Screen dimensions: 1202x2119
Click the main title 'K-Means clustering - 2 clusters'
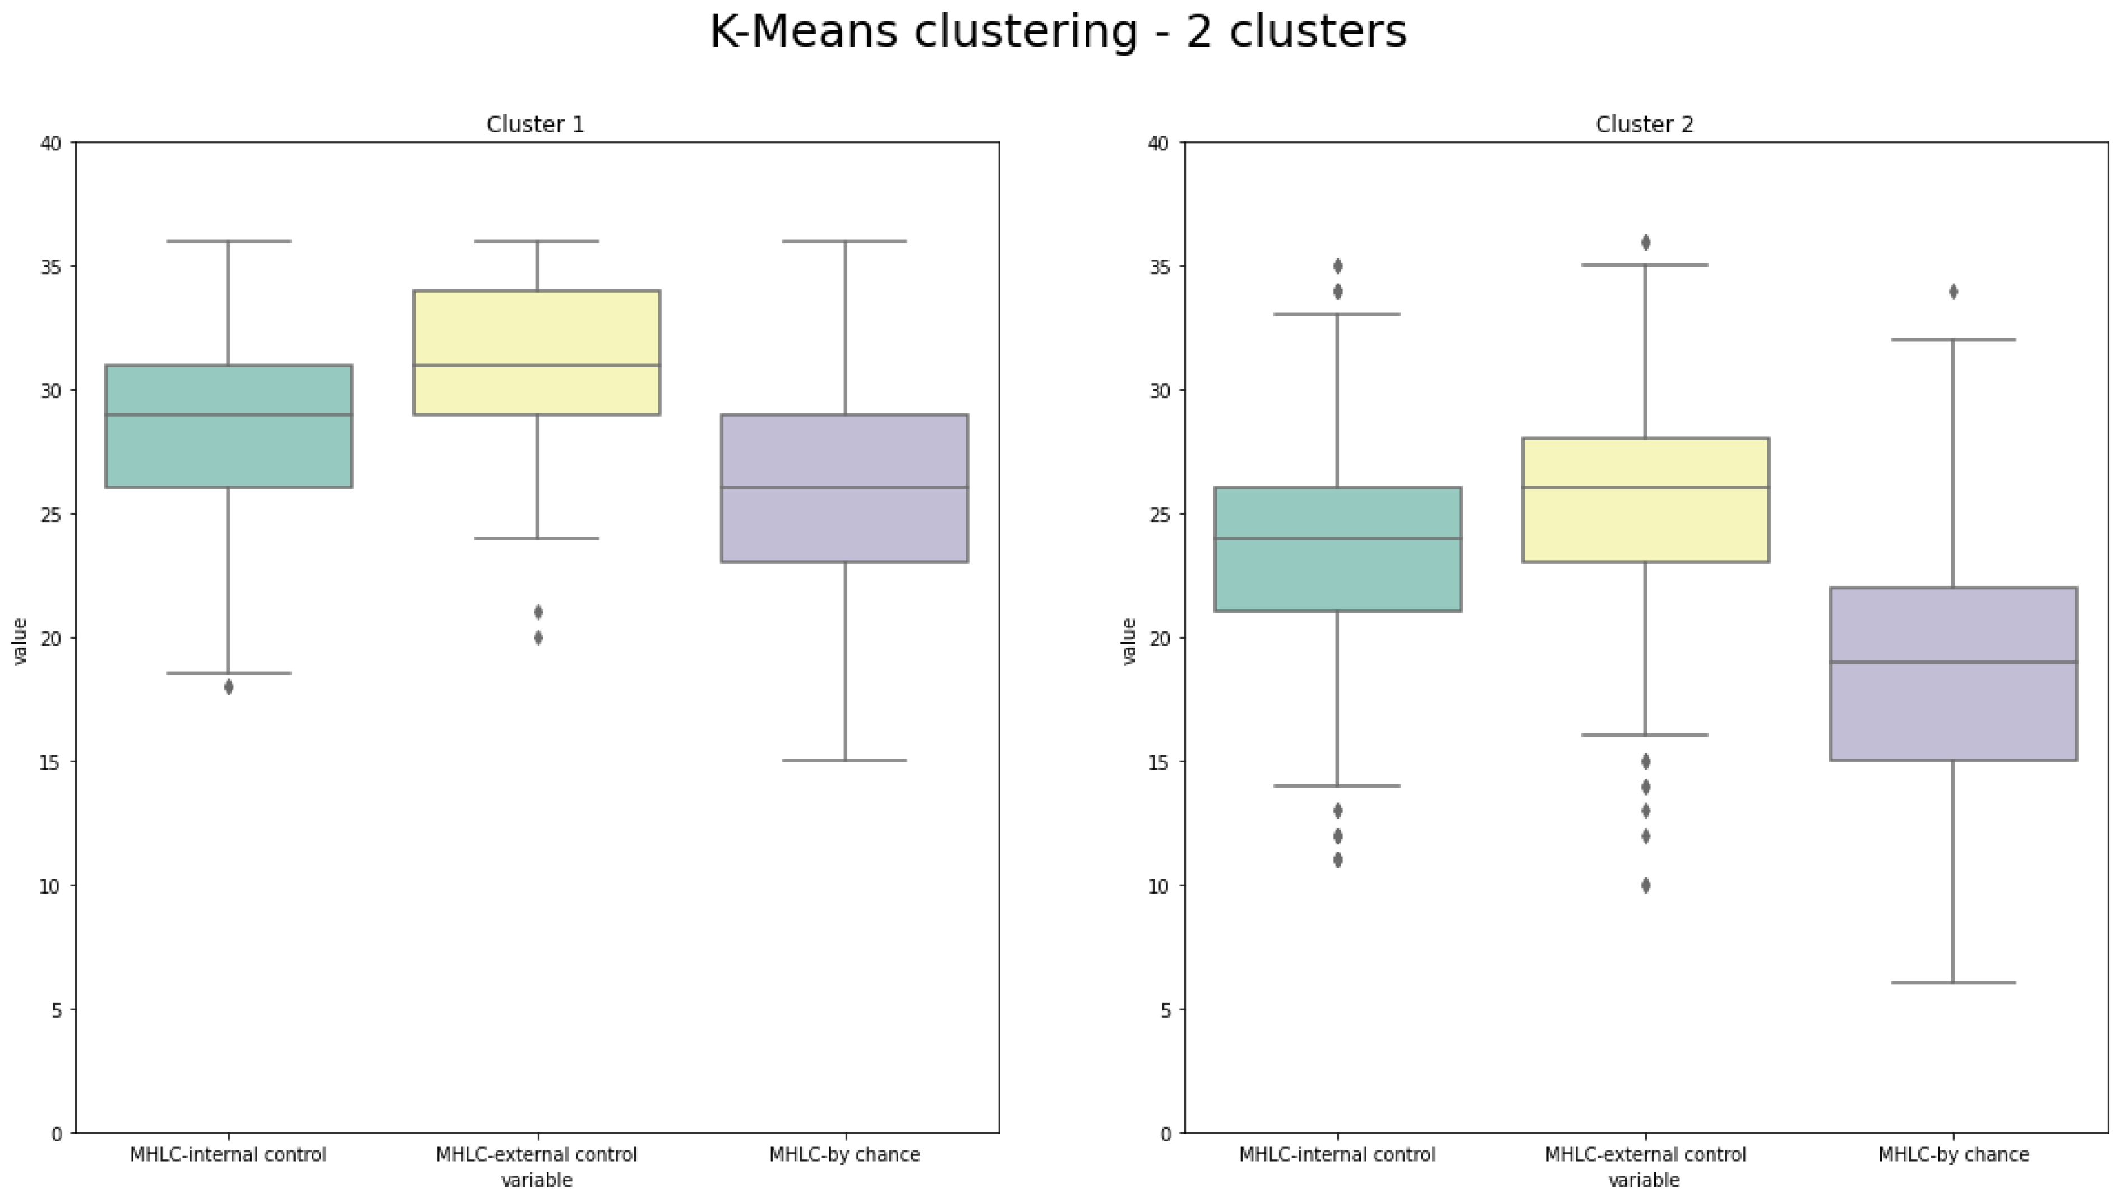[x=1058, y=33]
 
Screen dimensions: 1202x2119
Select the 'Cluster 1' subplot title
[x=535, y=124]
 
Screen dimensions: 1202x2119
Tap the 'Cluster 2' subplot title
[x=1644, y=124]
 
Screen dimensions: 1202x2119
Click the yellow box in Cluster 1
[x=537, y=330]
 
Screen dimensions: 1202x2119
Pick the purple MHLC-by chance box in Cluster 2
[x=1952, y=710]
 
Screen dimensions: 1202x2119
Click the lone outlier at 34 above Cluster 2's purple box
[x=1953, y=292]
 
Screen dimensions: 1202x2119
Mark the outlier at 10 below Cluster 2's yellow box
[x=1645, y=886]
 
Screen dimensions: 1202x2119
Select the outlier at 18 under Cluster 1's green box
[x=229, y=687]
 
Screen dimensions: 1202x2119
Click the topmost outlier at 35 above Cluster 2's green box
[x=1337, y=266]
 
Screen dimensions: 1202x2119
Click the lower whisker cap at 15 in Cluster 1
[x=844, y=760]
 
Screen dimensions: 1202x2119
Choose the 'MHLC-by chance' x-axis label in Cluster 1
[x=844, y=1155]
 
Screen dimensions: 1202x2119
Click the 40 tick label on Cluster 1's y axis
[x=50, y=144]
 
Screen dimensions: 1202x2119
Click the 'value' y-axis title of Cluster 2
[x=1129, y=641]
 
